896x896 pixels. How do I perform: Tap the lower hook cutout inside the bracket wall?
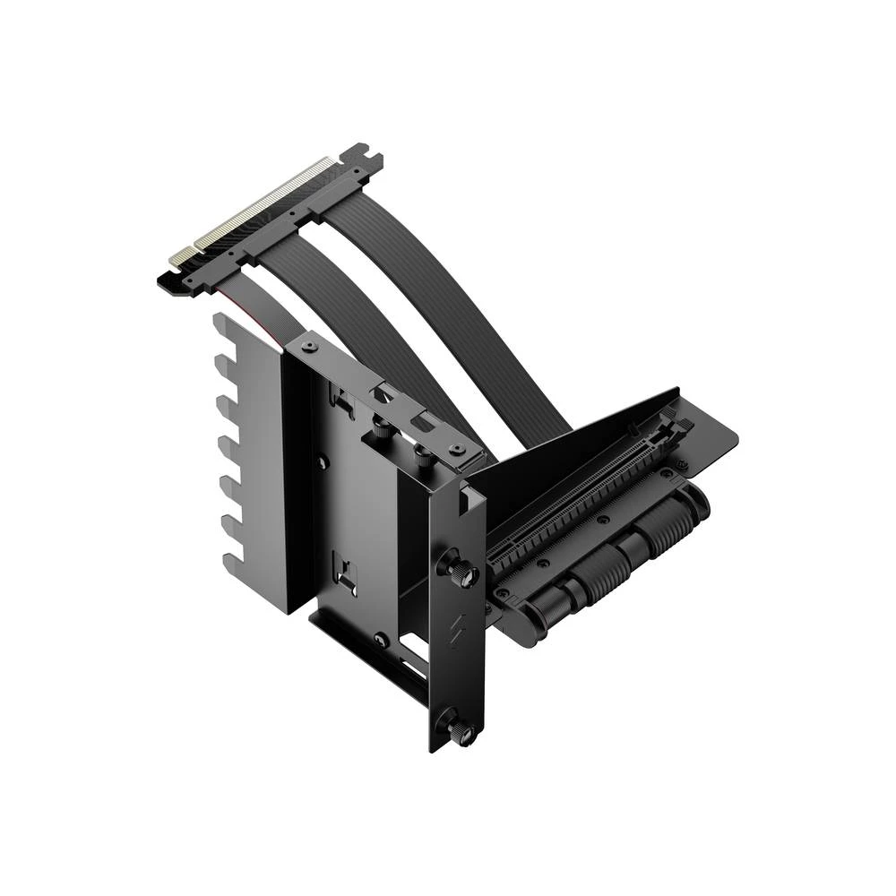coord(343,568)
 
